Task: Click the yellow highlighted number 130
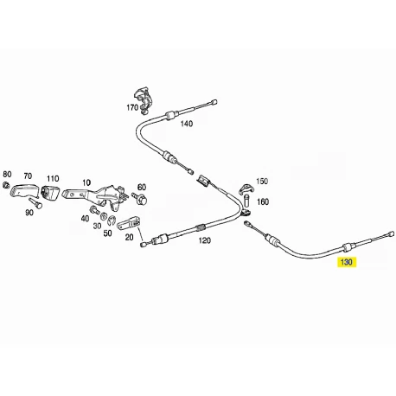coord(347,262)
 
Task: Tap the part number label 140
coord(187,124)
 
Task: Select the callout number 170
coord(132,107)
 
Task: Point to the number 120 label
coord(205,240)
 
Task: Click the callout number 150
coord(262,182)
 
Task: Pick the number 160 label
coord(263,201)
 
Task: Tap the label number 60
coord(142,188)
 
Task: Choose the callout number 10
coord(86,182)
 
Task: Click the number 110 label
coord(53,179)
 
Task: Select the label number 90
coord(29,213)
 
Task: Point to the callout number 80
coord(7,174)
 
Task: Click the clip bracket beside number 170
coord(144,99)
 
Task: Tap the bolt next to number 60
coord(139,198)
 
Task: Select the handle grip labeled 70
coord(24,190)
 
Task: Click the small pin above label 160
coord(247,201)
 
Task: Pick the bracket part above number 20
coord(129,223)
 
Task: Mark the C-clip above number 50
coord(112,220)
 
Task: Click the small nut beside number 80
coord(6,185)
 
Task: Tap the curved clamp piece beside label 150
coord(246,188)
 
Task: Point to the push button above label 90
coord(35,202)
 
